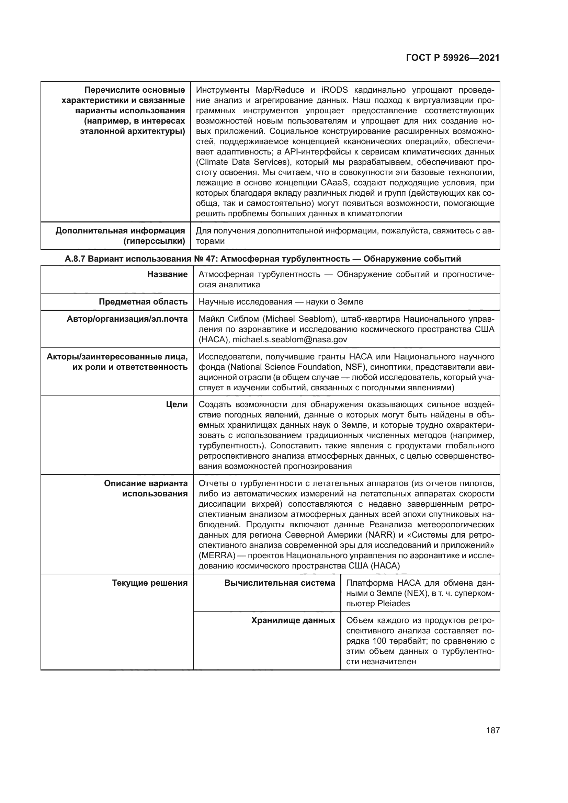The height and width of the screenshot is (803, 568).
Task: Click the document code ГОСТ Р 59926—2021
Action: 453,58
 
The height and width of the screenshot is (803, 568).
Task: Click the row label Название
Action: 167,274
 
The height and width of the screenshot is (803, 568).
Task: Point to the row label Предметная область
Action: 143,301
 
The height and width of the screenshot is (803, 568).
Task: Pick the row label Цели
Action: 177,404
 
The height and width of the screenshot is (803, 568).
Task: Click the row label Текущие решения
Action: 150,583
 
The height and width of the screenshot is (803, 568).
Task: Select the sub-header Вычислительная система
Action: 280,583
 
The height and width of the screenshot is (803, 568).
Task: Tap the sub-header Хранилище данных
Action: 293,620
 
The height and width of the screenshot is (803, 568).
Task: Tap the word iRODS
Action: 334,90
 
